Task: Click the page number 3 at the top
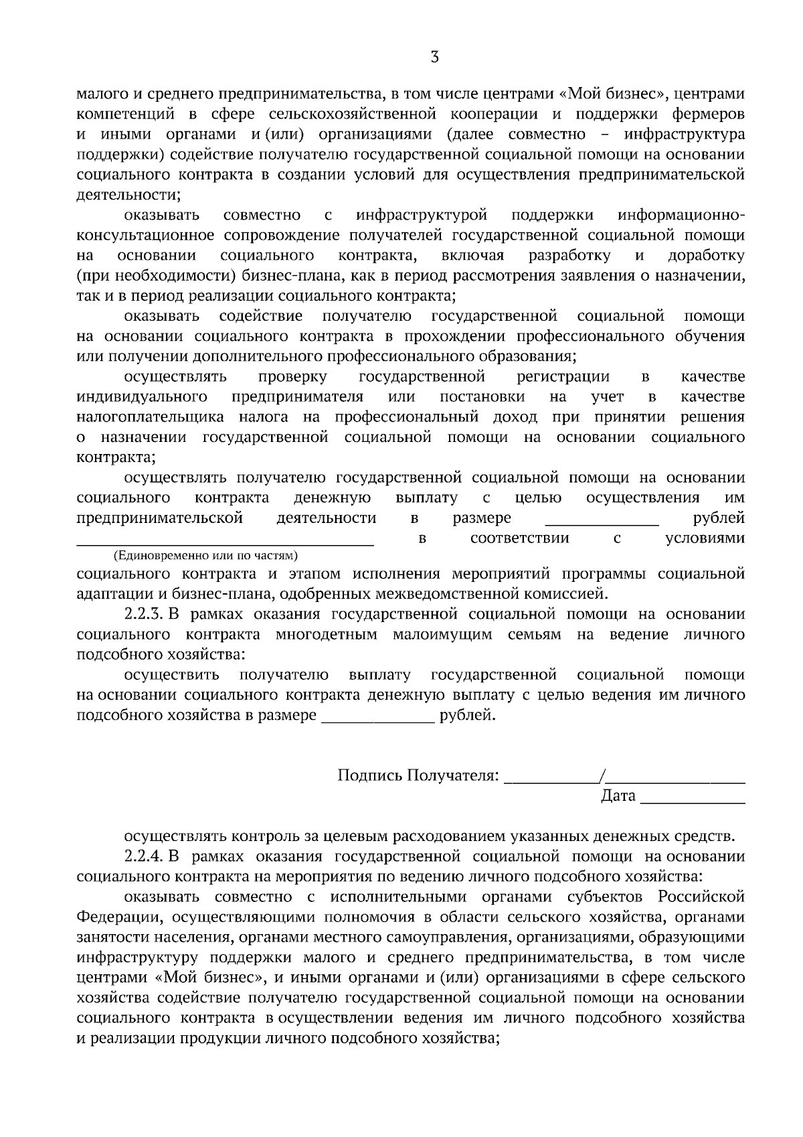[x=435, y=58]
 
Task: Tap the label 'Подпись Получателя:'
[x=418, y=775]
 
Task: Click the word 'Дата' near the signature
[x=618, y=795]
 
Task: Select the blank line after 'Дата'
[x=693, y=802]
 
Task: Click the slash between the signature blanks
[x=603, y=775]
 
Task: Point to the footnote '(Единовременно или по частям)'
[x=205, y=556]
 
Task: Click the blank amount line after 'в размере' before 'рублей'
[x=602, y=525]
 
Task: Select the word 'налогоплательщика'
[x=151, y=416]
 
